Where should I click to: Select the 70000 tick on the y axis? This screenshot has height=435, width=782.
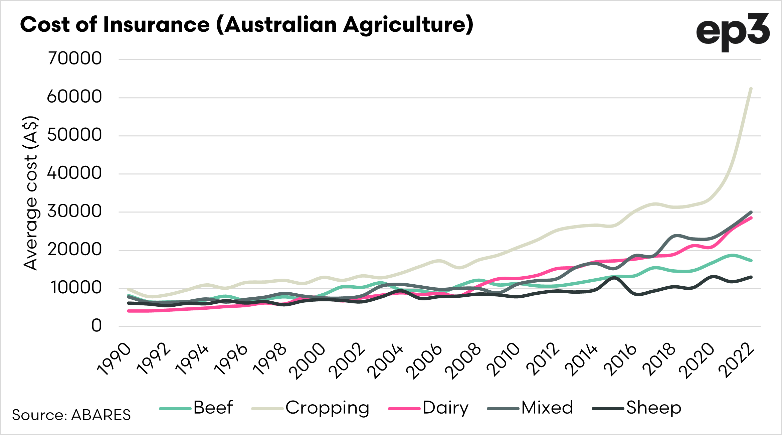[x=75, y=58]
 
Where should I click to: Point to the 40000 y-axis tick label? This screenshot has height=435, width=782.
[x=75, y=173]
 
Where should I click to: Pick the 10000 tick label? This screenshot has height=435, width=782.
[x=76, y=288]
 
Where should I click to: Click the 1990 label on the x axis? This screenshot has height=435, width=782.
[x=114, y=359]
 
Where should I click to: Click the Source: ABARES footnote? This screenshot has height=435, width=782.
[x=71, y=415]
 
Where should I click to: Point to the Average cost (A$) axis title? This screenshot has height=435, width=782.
[x=31, y=193]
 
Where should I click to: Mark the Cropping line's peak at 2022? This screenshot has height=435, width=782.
[x=751, y=89]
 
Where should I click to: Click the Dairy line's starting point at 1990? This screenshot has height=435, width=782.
[x=129, y=311]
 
